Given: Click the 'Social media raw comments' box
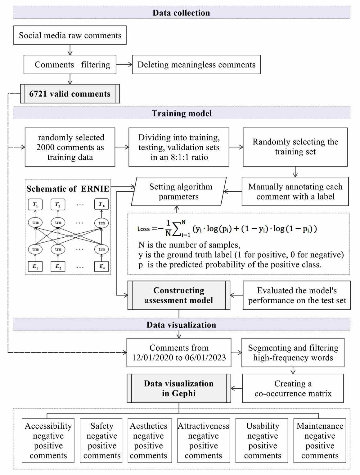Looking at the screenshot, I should tap(70, 35).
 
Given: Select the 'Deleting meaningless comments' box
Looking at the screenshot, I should tap(196, 65).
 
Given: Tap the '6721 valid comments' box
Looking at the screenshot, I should tap(70, 94).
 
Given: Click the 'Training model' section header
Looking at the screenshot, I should tap(182, 113).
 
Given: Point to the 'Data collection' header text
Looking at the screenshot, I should tap(181, 13).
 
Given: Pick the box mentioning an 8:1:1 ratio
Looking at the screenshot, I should tap(179, 147).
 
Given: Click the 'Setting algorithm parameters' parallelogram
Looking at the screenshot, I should tap(179, 192).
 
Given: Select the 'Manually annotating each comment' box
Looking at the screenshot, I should tap(295, 192).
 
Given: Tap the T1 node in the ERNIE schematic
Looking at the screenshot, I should tap(35, 204).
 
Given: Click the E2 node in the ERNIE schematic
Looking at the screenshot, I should tap(58, 266).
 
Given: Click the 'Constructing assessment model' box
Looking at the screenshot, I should tap(179, 295).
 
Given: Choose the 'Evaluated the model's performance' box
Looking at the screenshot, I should tap(297, 295).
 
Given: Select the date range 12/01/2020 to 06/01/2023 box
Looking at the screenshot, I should tap(179, 353).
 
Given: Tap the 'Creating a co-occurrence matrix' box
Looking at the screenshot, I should tap(293, 389).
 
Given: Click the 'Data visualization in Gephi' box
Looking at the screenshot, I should tap(179, 388).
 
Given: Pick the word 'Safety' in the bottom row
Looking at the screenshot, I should tap(102, 426).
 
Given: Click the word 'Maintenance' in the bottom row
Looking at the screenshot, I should tap(320, 426).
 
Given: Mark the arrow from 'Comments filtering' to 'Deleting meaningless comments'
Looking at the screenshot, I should tap(124, 65).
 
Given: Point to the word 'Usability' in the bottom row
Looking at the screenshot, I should tap(263, 426).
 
